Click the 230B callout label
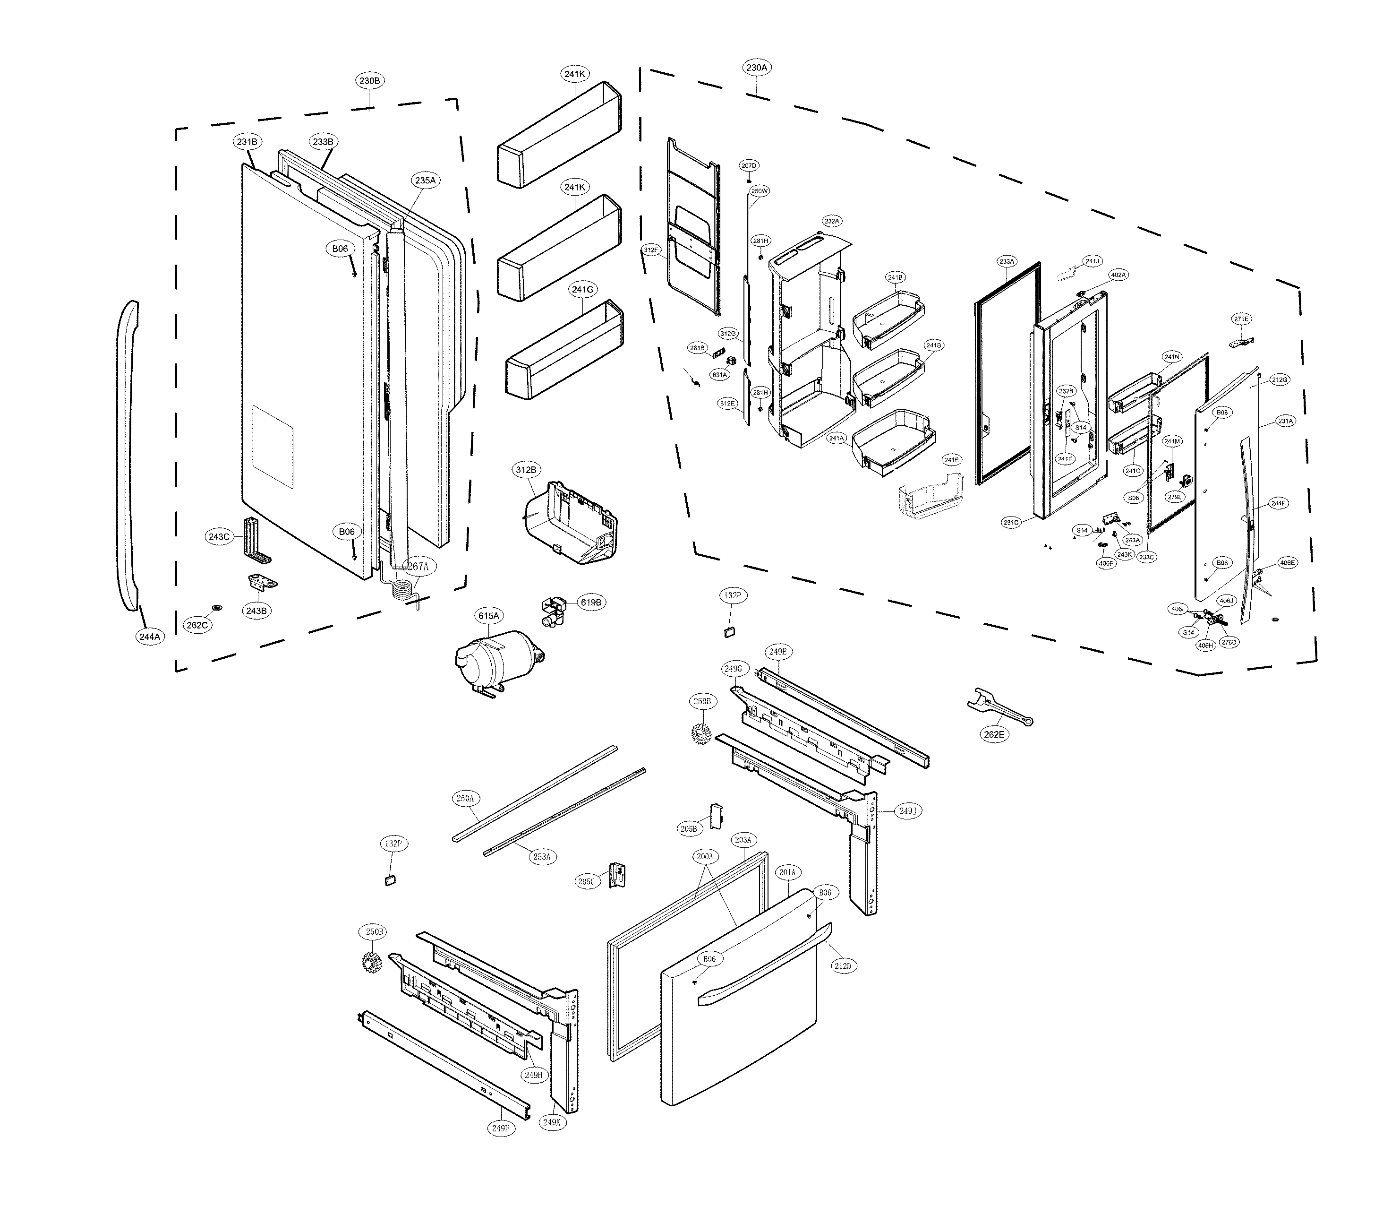click(369, 81)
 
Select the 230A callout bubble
click(756, 67)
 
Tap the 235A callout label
click(425, 181)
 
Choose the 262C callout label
click(197, 625)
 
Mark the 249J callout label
click(907, 811)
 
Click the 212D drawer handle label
click(843, 966)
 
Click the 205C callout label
click(586, 882)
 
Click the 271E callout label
click(1241, 319)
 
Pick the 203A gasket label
click(743, 840)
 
